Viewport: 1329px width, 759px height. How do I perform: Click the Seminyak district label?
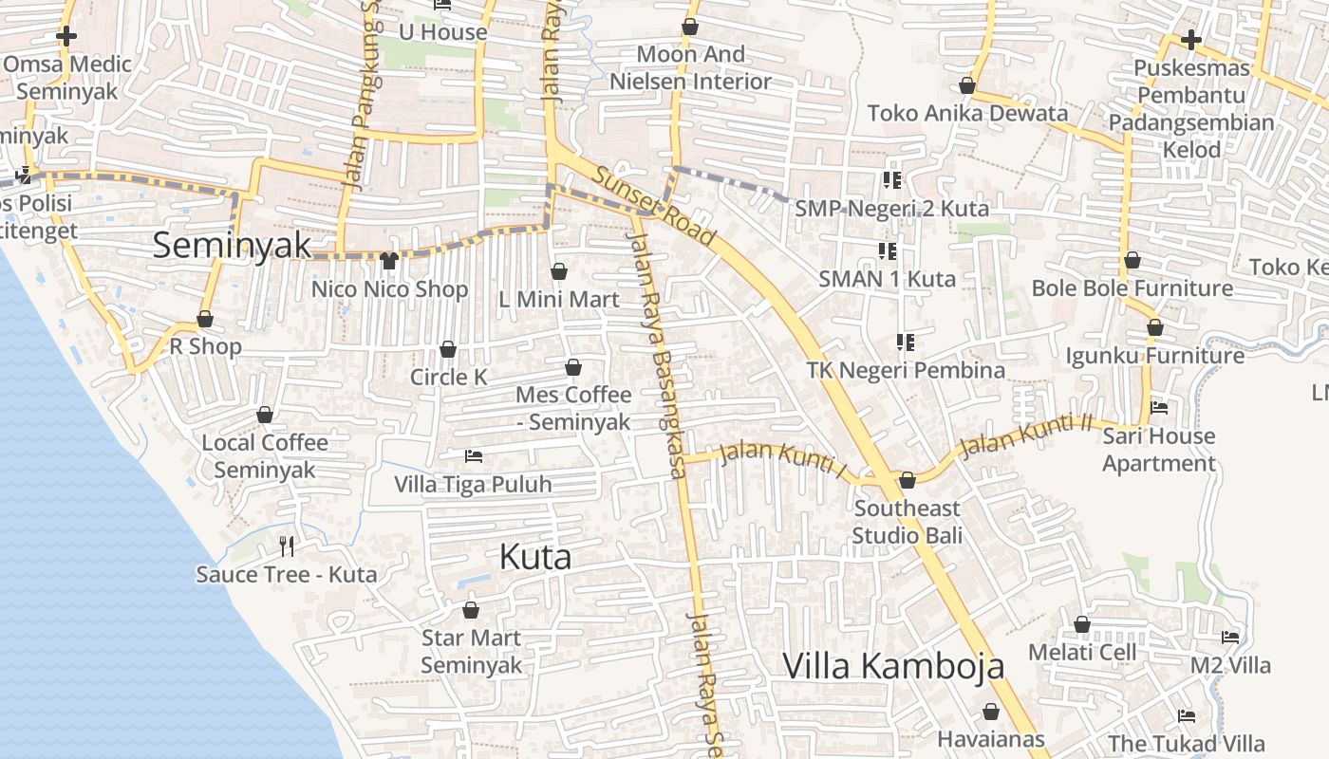(232, 246)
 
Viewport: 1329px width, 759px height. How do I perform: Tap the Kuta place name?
(535, 557)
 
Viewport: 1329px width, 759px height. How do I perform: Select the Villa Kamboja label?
(893, 666)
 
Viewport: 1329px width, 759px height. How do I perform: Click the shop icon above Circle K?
(448, 350)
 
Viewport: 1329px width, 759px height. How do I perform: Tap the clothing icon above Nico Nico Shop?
(388, 261)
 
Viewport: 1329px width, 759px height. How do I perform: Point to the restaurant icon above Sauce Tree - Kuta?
(287, 546)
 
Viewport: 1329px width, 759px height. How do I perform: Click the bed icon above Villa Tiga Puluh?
(473, 456)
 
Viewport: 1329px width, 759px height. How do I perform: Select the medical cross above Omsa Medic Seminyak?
(66, 37)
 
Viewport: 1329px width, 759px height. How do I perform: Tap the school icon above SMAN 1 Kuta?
(888, 251)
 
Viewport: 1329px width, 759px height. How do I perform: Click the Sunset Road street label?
(655, 205)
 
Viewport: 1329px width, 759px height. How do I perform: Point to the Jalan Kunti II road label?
(1026, 436)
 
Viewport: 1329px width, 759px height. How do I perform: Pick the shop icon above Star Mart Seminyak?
(471, 609)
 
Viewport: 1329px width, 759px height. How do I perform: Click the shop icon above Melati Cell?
(1082, 624)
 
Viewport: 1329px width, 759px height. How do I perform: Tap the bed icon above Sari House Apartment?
(1159, 408)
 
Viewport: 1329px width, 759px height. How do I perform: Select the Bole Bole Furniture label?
(1132, 288)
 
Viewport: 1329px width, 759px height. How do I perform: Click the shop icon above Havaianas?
(991, 712)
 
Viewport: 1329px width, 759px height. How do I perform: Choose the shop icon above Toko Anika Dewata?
(967, 86)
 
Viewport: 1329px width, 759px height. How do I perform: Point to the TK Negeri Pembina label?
(905, 370)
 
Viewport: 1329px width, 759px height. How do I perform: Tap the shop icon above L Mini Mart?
(559, 272)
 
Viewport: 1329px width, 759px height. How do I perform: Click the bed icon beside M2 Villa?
(1230, 638)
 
